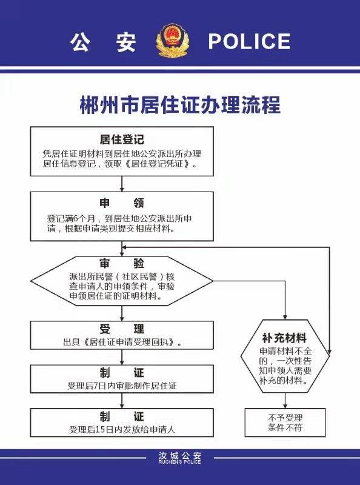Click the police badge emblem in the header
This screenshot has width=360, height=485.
point(173,41)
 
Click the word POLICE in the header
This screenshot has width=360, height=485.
point(249,41)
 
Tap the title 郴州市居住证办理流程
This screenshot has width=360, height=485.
point(180,105)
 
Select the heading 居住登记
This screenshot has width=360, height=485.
point(122,139)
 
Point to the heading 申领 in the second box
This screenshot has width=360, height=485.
point(122,203)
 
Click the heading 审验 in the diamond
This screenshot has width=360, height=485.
point(122,264)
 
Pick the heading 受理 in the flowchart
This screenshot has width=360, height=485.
point(122,329)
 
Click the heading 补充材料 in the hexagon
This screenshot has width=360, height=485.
point(284,338)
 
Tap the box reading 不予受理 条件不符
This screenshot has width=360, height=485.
point(285,423)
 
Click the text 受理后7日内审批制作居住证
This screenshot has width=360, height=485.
point(122,386)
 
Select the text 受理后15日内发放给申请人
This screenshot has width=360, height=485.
point(122,429)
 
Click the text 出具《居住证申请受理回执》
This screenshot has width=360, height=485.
point(122,342)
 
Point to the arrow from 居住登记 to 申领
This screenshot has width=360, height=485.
point(122,184)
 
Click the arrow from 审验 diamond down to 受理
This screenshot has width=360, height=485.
point(122,313)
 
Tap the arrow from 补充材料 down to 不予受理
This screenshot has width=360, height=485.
point(285,401)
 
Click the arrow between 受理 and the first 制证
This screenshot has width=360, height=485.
point(122,357)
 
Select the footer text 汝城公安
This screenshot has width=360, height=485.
point(179,456)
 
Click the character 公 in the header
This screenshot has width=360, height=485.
point(80,41)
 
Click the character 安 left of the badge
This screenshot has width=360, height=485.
point(126,41)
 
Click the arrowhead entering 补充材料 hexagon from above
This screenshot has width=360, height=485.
point(285,317)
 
